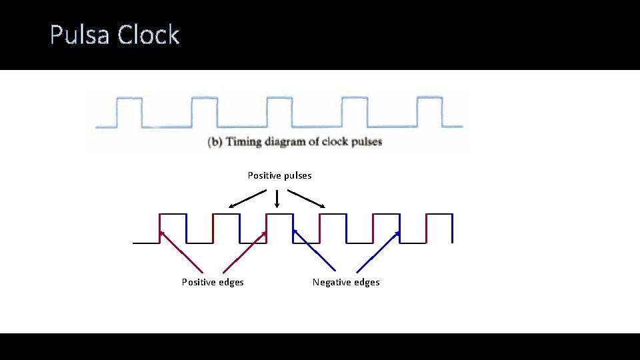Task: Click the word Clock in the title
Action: coord(149,35)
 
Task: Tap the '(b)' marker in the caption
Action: coord(215,142)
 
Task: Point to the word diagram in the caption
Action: coord(289,142)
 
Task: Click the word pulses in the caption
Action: coord(363,142)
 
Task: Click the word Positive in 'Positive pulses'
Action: coord(264,175)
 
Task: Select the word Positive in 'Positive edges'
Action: coord(199,282)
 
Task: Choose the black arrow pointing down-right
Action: coord(306,199)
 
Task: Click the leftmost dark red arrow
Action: coord(181,251)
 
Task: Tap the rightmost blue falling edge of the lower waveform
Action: coord(453,229)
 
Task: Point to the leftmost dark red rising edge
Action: coord(160,229)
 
